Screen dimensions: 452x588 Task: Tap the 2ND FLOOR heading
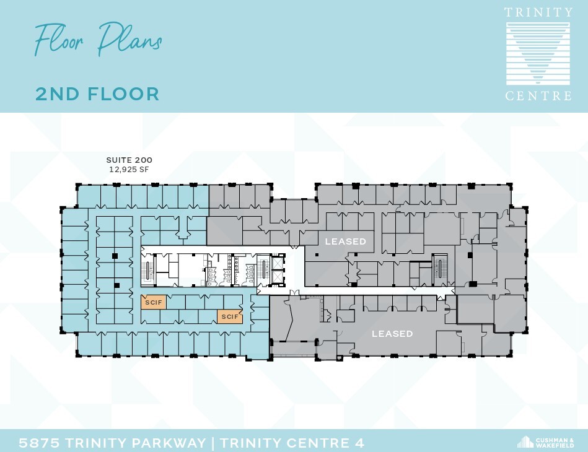97,94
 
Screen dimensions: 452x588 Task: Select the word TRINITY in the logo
538,12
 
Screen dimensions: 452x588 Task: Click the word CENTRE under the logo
538,96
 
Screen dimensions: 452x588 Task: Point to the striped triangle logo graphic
538,54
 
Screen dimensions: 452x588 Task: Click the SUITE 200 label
129,160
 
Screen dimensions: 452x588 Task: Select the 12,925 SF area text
129,169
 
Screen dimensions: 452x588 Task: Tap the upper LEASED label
346,241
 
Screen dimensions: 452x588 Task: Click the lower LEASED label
392,334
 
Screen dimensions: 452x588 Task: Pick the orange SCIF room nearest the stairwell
151,303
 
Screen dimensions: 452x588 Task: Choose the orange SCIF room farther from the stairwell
229,316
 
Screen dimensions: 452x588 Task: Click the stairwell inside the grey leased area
441,266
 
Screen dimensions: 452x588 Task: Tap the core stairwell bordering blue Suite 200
148,271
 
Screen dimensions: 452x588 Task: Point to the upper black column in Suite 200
115,255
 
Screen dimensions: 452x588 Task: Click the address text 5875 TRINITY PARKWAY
112,443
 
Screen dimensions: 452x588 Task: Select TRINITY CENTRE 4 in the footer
292,443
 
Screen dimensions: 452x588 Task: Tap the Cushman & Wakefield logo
545,442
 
